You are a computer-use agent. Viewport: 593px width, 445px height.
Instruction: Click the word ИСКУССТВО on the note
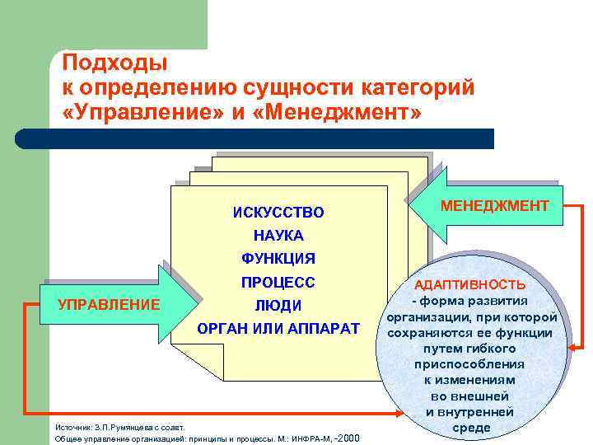coord(278,213)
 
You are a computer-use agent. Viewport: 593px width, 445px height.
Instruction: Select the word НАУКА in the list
coord(278,236)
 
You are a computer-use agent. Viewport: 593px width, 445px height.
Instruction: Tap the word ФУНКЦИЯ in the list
coord(278,259)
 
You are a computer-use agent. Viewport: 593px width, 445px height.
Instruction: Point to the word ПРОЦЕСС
coord(278,282)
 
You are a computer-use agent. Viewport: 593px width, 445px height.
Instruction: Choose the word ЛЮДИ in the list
coord(278,305)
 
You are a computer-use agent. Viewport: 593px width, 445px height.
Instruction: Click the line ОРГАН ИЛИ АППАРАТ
coord(278,329)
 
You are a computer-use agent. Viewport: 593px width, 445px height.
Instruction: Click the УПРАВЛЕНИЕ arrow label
coord(109,304)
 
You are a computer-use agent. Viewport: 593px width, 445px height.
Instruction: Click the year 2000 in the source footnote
coord(350,438)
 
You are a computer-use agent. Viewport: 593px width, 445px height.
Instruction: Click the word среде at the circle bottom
coord(473,428)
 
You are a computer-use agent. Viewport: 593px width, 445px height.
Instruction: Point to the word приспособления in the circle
coord(469,364)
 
